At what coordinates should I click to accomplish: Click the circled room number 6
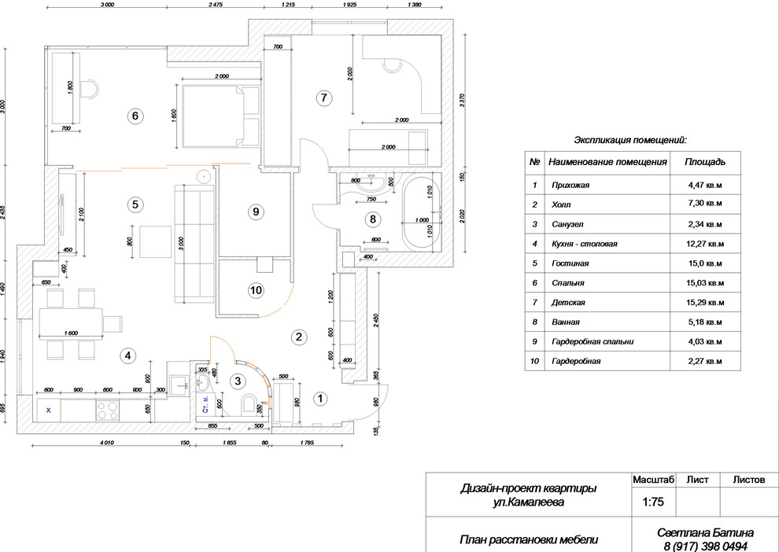click(135, 116)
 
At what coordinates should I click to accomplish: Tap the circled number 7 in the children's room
click(321, 98)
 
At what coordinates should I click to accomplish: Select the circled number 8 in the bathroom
click(373, 219)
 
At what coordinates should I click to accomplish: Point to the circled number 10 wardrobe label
click(255, 290)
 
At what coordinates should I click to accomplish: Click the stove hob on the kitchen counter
click(106, 409)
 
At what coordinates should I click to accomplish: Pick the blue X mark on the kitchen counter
click(49, 410)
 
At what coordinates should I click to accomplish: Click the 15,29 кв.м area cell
click(705, 302)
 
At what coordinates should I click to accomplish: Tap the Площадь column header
click(704, 162)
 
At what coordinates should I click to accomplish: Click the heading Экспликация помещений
click(629, 140)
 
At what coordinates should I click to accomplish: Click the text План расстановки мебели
click(528, 539)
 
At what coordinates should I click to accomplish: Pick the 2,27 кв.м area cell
click(705, 361)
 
